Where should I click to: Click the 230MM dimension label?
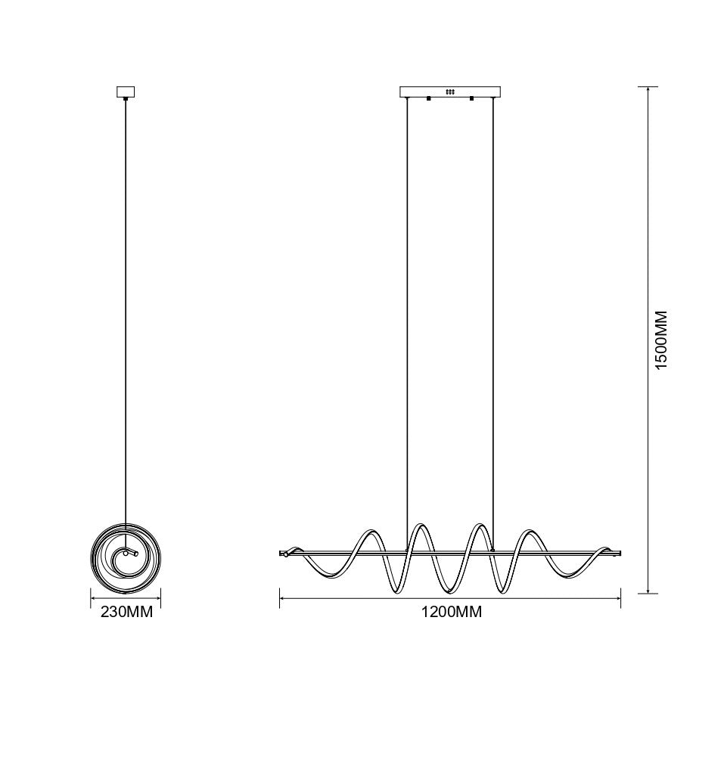pos(126,612)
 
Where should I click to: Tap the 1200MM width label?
pos(452,612)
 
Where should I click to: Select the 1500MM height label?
pos(660,340)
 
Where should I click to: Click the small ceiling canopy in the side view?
pos(126,92)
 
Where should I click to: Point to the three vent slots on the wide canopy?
pos(450,91)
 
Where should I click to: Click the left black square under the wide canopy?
pos(428,99)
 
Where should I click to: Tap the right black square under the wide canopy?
pos(471,99)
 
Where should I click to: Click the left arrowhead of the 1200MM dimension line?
pos(282,599)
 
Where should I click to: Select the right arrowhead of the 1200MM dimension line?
pos(618,599)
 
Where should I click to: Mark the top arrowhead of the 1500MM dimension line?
pos(648,90)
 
